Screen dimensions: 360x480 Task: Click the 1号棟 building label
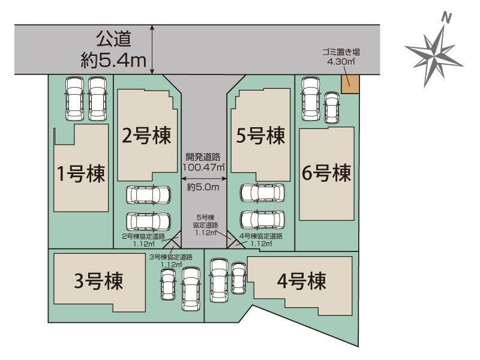tap(81, 175)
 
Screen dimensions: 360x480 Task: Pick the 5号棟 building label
tap(260, 137)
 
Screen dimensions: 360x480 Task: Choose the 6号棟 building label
tap(326, 175)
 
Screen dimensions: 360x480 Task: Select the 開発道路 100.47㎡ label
tap(203, 161)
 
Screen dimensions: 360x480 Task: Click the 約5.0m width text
tap(203, 188)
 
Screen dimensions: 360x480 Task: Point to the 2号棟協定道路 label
tap(145, 239)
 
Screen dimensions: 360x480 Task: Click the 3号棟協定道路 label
tap(171, 260)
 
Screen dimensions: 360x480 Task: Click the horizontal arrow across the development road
tap(203, 178)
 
